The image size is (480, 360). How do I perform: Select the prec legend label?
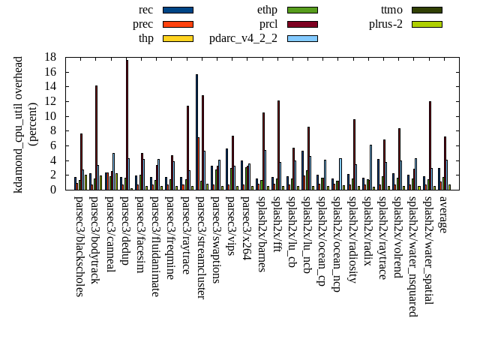[x=142, y=24]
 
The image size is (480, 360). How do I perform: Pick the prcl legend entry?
[x=268, y=24]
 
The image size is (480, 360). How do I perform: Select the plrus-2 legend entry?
[x=385, y=24]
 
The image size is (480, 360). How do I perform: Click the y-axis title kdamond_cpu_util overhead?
[x=19, y=124]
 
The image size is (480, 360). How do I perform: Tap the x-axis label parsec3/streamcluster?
[x=201, y=247]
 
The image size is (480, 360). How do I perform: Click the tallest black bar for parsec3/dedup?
[x=127, y=124]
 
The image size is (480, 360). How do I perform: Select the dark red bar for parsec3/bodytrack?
[x=96, y=137]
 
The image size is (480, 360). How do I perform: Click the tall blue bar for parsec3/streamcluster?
[x=196, y=132]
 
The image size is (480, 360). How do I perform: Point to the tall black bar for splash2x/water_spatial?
[x=430, y=145]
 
